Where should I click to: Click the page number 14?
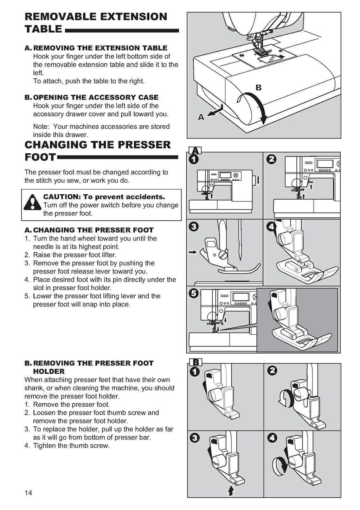[x=28, y=493]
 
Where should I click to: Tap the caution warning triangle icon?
[x=32, y=203]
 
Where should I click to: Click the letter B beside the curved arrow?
[x=258, y=88]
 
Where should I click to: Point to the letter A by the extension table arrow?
[x=201, y=118]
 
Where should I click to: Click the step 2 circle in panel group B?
[x=272, y=370]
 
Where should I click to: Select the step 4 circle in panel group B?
[x=272, y=438]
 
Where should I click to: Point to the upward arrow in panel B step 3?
[x=231, y=490]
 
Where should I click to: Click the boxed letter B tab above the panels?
[x=195, y=362]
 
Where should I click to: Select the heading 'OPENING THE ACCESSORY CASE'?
[x=96, y=97]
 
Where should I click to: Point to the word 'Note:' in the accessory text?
[x=41, y=127]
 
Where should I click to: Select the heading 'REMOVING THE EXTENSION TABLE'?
[x=100, y=48]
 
